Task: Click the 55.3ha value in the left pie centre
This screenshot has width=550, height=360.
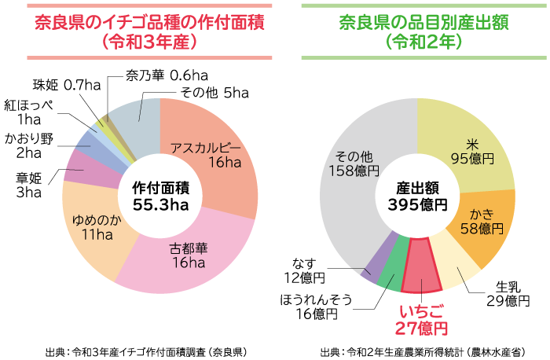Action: pyautogui.click(x=160, y=205)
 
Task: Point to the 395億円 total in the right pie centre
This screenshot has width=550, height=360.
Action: pyautogui.click(x=417, y=205)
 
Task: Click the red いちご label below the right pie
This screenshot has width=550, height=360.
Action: pyautogui.click(x=421, y=311)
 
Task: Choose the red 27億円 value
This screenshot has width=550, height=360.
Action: pyautogui.click(x=421, y=329)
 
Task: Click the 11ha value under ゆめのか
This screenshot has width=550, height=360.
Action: pyautogui.click(x=97, y=235)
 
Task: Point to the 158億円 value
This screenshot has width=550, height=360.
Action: pyautogui.click(x=354, y=170)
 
